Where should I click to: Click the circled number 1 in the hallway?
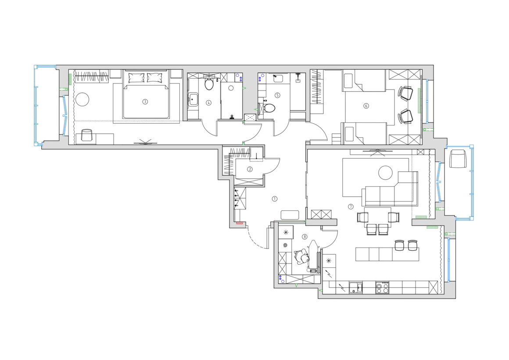(x=275, y=198)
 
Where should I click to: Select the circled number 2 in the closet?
(x=250, y=169)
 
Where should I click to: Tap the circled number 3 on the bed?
(x=145, y=101)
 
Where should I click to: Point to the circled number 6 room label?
(x=366, y=106)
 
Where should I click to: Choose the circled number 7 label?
(x=351, y=207)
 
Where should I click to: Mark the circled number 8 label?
(x=305, y=237)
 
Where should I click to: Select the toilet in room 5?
(x=269, y=108)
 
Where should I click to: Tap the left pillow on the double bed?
(x=136, y=78)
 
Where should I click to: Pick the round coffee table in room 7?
(x=386, y=173)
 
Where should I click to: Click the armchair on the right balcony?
(x=458, y=159)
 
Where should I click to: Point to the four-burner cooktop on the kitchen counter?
(x=382, y=288)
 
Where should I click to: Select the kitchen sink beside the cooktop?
(x=356, y=288)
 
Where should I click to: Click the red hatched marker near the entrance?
(x=239, y=223)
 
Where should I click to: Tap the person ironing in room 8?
(x=302, y=256)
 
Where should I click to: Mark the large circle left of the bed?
(x=82, y=99)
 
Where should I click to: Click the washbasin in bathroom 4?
(x=194, y=100)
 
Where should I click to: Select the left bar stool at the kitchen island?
(x=399, y=245)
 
